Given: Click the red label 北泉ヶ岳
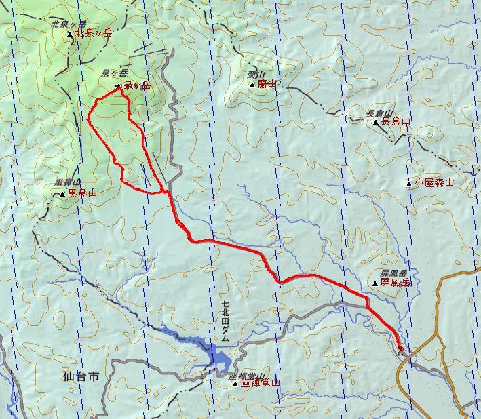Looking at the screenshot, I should [93, 33].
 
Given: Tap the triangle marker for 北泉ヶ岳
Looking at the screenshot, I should [70, 33].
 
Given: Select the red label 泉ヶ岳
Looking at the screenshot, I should [137, 85].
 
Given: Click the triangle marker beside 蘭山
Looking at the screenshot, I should [252, 85].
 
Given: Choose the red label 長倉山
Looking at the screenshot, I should [397, 122].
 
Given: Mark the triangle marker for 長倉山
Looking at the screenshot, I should [376, 123].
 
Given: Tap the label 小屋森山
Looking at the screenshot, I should [434, 183].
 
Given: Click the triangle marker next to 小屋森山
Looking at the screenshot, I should [408, 183].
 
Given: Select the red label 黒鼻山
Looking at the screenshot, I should [83, 193].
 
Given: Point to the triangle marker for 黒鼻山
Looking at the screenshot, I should [62, 194].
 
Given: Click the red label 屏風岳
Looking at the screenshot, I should [395, 282].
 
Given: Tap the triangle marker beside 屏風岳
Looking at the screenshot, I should [375, 283].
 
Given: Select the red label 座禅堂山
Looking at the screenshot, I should [260, 383].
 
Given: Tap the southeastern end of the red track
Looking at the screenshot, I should [400, 348].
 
